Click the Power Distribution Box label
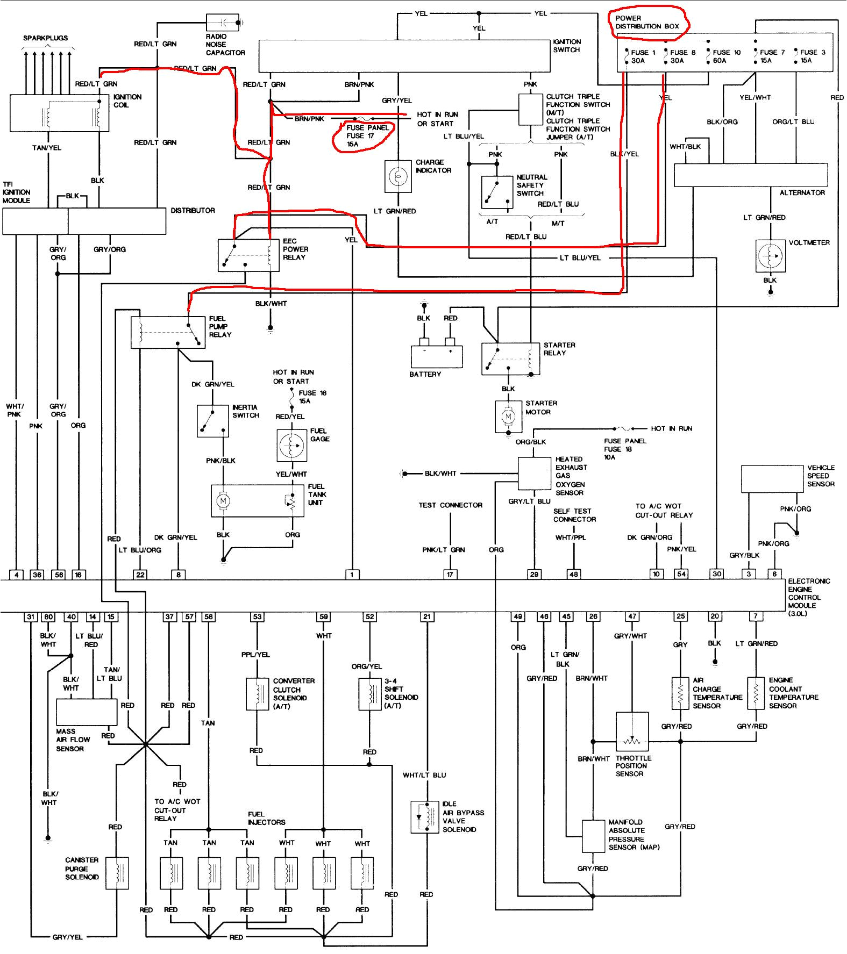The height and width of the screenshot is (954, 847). [x=647, y=22]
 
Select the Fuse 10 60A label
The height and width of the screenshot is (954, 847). [x=727, y=56]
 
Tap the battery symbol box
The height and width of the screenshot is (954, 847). [x=436, y=356]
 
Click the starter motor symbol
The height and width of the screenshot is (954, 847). [x=507, y=416]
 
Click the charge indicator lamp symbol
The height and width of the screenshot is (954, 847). [x=398, y=176]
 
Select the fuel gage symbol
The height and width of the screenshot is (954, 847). [x=291, y=445]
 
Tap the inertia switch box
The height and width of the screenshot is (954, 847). [x=212, y=421]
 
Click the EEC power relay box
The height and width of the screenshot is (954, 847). [x=248, y=255]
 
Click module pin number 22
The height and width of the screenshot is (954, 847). [x=140, y=575]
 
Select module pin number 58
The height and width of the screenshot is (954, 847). [x=209, y=616]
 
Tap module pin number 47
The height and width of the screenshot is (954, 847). [x=632, y=616]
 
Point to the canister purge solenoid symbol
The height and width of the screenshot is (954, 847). [x=116, y=873]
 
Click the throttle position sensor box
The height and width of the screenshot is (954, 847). [x=632, y=732]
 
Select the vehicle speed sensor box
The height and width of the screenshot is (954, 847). [x=772, y=479]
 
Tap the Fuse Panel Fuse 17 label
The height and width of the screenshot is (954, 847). [x=368, y=135]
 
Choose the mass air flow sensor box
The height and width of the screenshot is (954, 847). [x=87, y=712]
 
